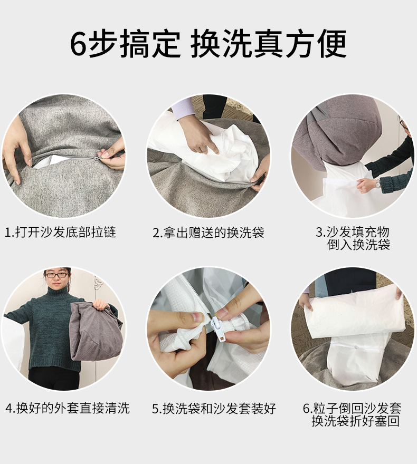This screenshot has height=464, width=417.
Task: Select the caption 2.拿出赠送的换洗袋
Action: pyautogui.click(x=208, y=232)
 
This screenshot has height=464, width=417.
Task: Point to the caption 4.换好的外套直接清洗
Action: pyautogui.click(x=68, y=408)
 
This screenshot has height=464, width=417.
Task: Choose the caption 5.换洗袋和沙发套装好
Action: pyautogui.click(x=214, y=408)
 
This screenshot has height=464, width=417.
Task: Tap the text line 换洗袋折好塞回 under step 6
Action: pyautogui.click(x=355, y=421)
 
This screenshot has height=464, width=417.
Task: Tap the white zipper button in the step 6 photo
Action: pyautogui.click(x=355, y=347)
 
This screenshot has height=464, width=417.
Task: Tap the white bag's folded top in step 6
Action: pyautogui.click(x=351, y=311)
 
